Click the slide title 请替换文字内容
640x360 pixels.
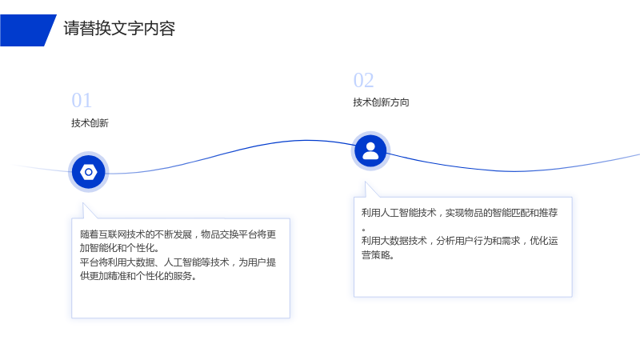(119, 29)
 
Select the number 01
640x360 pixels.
(82, 101)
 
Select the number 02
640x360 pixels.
(363, 80)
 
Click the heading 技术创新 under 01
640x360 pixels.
(90, 123)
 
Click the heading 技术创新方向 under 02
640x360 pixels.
(381, 102)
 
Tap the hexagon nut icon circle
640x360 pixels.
(89, 172)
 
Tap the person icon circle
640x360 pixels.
(370, 151)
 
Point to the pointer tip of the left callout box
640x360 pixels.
(83, 203)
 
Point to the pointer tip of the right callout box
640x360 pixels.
(366, 182)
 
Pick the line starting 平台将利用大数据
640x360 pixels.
(178, 262)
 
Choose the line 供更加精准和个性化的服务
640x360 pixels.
(138, 276)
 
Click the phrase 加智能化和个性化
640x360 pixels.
(117, 248)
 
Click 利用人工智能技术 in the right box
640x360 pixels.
(398, 213)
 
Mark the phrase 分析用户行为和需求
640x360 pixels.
(478, 241)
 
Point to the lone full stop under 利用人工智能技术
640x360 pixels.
(363, 230)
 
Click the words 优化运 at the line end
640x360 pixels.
(544, 241)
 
